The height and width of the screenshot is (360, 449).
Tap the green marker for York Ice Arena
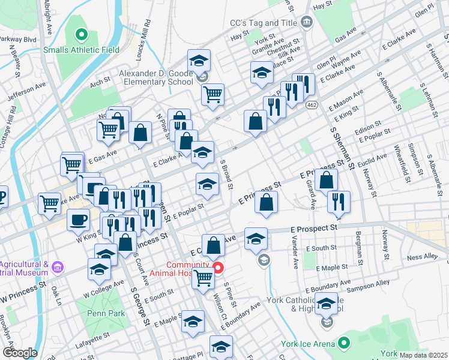(x=344, y=344)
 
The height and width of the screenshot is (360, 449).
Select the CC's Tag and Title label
(x=264, y=23)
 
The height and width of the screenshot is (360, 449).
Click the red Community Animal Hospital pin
(x=218, y=267)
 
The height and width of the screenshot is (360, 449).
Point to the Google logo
(x=19, y=353)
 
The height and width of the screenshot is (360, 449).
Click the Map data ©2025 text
(x=423, y=355)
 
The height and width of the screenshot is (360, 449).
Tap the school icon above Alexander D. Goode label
(x=199, y=61)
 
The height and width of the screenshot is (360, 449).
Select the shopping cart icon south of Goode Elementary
(x=212, y=95)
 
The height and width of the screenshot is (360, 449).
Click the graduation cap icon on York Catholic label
(x=326, y=305)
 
